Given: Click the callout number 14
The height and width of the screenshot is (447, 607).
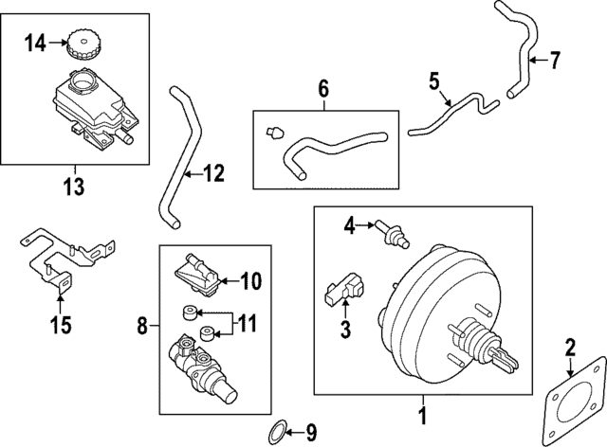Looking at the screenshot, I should [x=35, y=42].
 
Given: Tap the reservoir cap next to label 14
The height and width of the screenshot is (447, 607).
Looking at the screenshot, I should [x=81, y=45].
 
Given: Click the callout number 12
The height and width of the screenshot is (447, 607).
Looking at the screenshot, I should [x=215, y=173].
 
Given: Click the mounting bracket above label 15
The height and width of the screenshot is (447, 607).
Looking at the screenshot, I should [x=66, y=254].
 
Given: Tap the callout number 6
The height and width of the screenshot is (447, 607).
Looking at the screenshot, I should [x=322, y=90].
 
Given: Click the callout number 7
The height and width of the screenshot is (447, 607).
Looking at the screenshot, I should [x=555, y=62].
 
